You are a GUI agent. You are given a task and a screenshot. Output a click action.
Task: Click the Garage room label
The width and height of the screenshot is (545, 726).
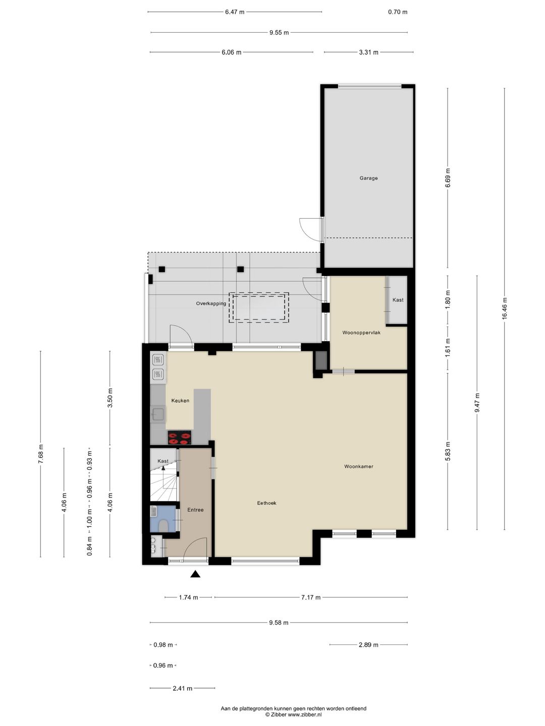pos(368,178)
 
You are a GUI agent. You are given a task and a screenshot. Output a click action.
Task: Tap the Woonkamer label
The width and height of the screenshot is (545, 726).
pos(359,466)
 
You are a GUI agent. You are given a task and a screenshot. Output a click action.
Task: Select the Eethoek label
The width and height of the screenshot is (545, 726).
pos(266,503)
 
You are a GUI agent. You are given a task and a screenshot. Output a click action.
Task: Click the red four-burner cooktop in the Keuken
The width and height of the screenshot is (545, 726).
pos(180,437)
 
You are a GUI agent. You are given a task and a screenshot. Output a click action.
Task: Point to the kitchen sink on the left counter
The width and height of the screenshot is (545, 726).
pos(157,414)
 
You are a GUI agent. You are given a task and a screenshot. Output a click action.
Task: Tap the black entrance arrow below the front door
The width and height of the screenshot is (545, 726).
pos(195,574)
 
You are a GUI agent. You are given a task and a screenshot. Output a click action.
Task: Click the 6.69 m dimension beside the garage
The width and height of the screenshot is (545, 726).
pos(448,178)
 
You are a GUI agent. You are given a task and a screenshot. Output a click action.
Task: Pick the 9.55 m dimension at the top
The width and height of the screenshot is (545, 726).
pos(279,33)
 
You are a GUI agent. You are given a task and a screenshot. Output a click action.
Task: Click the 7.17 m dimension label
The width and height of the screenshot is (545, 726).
pos(311,597)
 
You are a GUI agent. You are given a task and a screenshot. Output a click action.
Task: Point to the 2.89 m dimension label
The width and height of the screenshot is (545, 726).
pos(368,645)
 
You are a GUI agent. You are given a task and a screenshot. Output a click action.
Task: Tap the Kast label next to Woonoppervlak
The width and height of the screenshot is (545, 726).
pos(398,300)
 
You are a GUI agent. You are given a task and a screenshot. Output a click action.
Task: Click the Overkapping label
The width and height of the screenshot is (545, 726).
pos(211,304)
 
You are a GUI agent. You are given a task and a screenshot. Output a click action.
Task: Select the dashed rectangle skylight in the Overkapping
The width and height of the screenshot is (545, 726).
pos(259,308)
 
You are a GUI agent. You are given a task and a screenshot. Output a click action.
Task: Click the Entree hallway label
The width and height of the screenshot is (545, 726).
pos(195,510)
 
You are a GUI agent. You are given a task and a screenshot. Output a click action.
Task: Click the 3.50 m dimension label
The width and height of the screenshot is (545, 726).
pos(110,398)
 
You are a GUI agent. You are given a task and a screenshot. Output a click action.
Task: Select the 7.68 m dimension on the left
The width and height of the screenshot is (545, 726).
pos(41,454)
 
